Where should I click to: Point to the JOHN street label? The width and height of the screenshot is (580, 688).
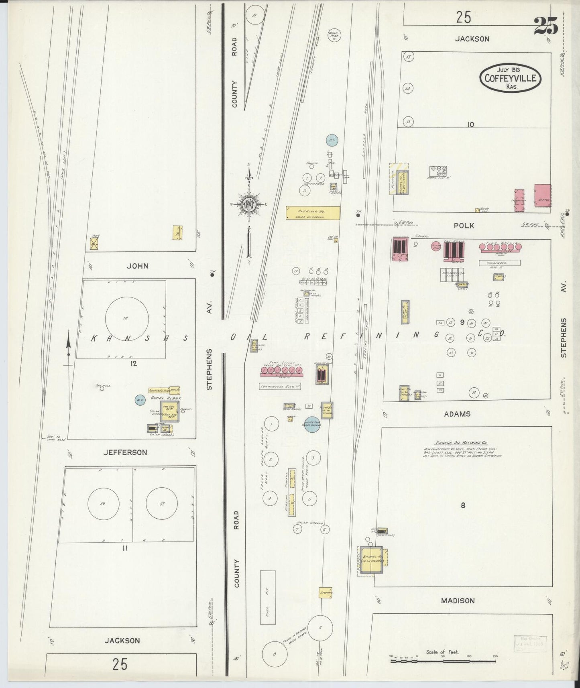(x=137, y=266)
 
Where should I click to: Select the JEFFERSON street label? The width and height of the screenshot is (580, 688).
(x=125, y=452)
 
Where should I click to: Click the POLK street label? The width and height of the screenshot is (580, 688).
(x=464, y=226)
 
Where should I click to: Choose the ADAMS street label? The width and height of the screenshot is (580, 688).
(x=457, y=414)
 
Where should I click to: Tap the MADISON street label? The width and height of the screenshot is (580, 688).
(x=458, y=600)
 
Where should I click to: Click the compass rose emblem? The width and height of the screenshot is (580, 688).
(x=249, y=204)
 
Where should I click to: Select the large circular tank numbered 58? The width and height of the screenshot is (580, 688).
(x=127, y=318)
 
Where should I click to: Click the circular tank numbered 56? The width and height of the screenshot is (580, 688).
(x=103, y=503)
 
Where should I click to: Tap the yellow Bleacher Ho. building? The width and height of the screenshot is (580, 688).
(x=313, y=213)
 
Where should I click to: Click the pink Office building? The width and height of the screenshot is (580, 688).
(x=542, y=195)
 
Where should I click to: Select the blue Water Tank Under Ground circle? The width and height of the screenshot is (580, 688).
(x=312, y=424)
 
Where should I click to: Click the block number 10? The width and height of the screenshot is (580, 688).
(x=470, y=124)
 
